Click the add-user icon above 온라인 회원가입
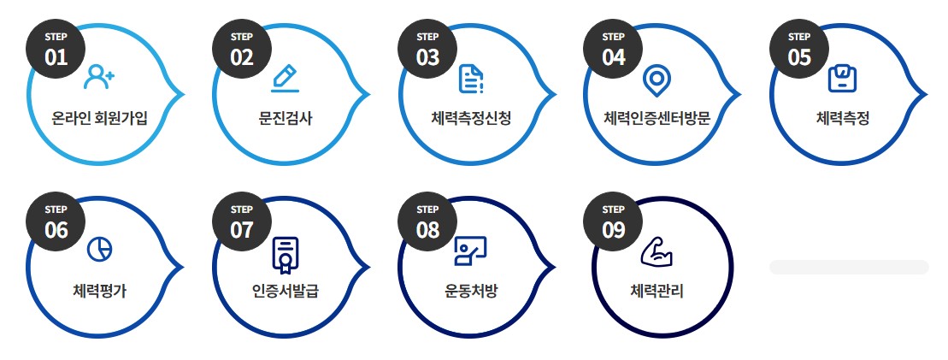pos(99,79)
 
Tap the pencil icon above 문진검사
pos(285,79)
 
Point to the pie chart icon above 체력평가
pos(99,249)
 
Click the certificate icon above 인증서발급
pos(285,254)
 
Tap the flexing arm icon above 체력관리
pos(657,251)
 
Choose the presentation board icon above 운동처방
pos(470,251)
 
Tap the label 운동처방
pos(471,291)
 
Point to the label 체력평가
pos(100,291)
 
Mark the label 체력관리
pos(657,291)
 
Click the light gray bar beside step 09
pos(849,267)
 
